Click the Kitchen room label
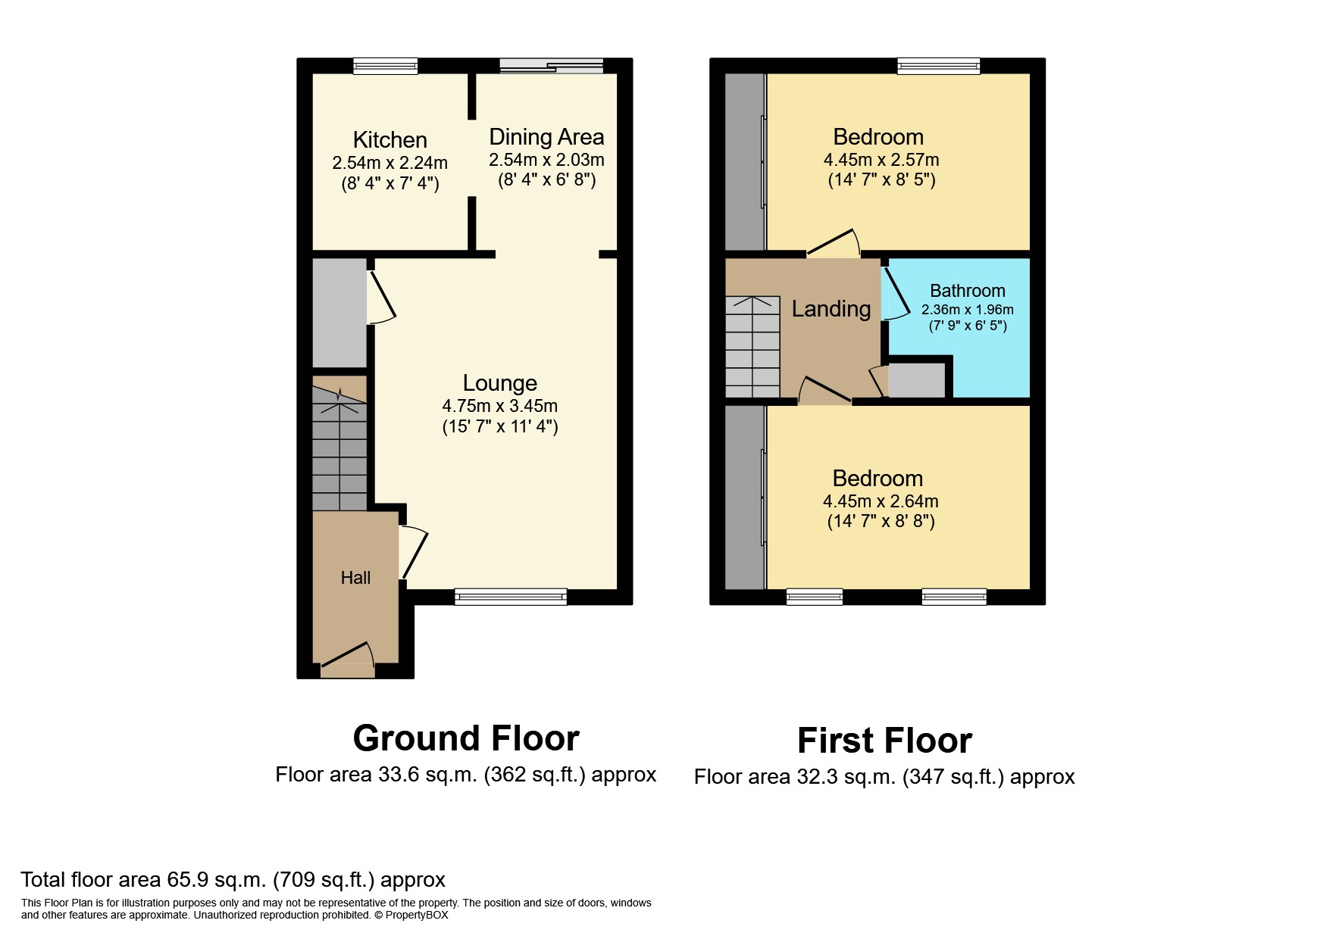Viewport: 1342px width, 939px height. tap(389, 140)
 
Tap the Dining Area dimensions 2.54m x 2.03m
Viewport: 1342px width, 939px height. tap(546, 160)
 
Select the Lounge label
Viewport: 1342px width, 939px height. tap(499, 383)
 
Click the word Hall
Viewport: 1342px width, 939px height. tap(355, 578)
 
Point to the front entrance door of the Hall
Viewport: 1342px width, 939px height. tap(348, 659)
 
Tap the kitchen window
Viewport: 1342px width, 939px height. tap(385, 67)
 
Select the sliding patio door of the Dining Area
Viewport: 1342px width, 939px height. tap(551, 67)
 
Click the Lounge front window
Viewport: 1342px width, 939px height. tap(511, 597)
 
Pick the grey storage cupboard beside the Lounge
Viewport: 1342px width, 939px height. tap(339, 313)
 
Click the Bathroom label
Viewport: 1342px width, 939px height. tap(967, 291)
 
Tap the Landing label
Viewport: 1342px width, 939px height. tap(831, 309)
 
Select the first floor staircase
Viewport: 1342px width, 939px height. tap(752, 347)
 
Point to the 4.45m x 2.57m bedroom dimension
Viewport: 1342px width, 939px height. tap(881, 160)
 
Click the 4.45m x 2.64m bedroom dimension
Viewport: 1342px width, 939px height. tap(881, 501)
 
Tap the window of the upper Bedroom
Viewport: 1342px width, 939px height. tap(938, 67)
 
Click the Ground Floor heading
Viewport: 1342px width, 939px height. tap(466, 738)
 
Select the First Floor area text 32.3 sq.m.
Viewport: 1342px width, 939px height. tap(884, 777)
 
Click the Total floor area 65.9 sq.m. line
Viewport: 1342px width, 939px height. tap(233, 879)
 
